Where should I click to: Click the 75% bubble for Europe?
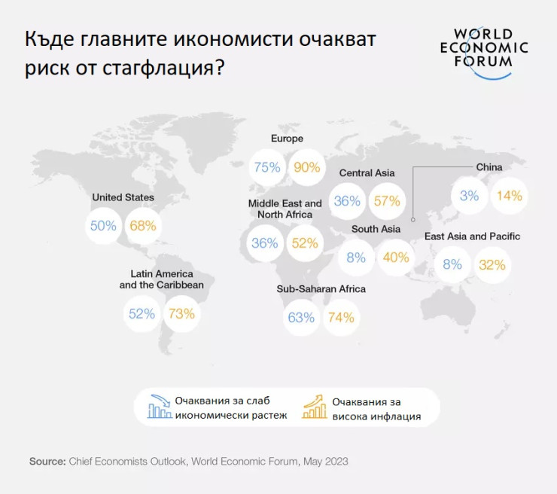tap(267, 167)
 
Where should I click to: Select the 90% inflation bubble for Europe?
tap(307, 167)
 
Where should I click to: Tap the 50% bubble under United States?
tap(103, 225)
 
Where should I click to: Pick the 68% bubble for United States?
tap(142, 225)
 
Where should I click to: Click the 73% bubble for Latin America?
tap(181, 313)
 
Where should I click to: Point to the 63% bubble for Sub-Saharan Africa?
tap(300, 317)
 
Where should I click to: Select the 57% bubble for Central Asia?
tap(386, 201)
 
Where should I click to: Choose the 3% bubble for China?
tap(469, 196)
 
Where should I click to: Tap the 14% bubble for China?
tap(509, 196)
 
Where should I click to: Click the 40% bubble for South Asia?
tap(395, 258)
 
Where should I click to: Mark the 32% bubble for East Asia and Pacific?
tap(492, 264)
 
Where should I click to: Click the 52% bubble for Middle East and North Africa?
tap(304, 243)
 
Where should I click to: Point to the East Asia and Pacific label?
tap(472, 236)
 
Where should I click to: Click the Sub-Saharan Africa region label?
tap(321, 289)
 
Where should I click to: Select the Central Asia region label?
tap(367, 173)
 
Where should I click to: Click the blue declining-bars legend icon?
tap(159, 407)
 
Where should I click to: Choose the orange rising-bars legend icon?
tap(313, 407)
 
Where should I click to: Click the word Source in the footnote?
tap(47, 460)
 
